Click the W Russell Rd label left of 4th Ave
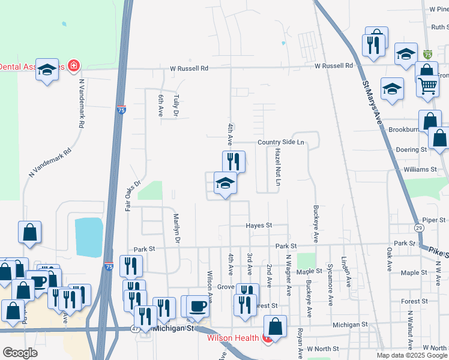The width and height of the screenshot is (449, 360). click(188, 68)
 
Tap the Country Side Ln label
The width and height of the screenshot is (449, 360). click(282, 142)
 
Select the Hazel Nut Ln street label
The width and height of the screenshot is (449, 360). click(278, 167)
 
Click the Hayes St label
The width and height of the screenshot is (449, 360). click(259, 226)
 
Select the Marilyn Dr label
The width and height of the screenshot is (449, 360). click(176, 229)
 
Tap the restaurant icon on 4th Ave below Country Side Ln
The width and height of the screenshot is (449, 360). click(234, 161)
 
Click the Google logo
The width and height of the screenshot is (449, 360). click(20, 353)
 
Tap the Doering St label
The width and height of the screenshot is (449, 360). click(411, 149)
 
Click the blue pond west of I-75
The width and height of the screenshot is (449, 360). click(88, 236)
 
